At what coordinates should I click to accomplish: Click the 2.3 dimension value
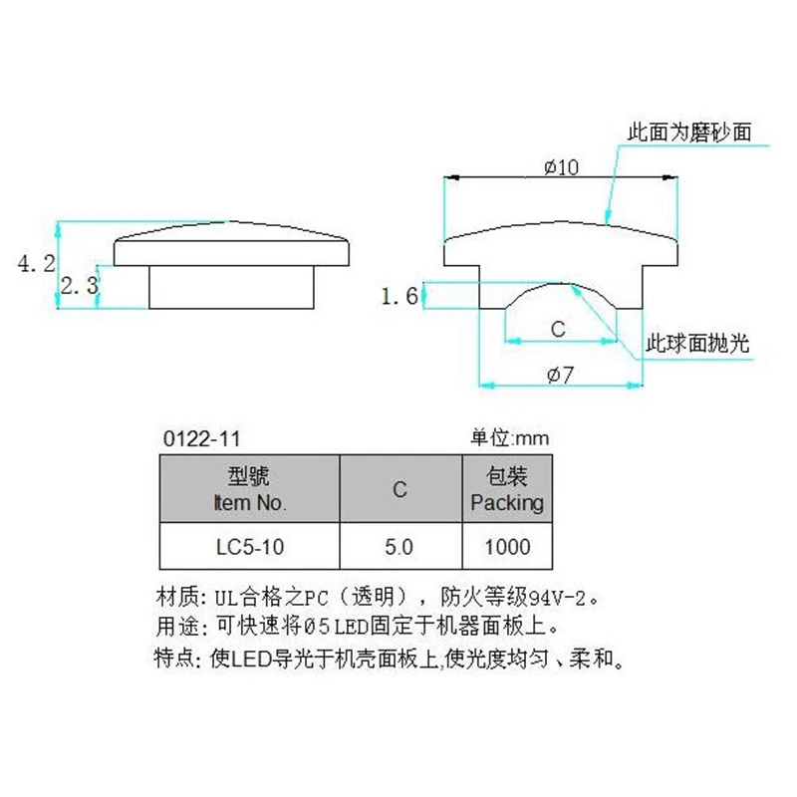78,287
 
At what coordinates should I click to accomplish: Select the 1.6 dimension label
398,296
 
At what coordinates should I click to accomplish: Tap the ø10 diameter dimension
561,167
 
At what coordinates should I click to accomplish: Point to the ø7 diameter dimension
561,375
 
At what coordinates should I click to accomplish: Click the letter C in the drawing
558,329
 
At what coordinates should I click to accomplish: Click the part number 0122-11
200,438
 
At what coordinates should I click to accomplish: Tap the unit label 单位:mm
509,438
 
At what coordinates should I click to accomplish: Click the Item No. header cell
250,489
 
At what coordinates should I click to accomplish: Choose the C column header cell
399,489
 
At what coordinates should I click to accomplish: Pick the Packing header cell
507,489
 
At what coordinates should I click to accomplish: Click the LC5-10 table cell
250,547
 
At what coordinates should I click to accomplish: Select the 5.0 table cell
399,547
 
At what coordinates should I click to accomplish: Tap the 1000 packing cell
507,547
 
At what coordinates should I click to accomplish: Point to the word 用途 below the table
175,628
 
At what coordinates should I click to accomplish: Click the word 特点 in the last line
175,659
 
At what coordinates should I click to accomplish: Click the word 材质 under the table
175,598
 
